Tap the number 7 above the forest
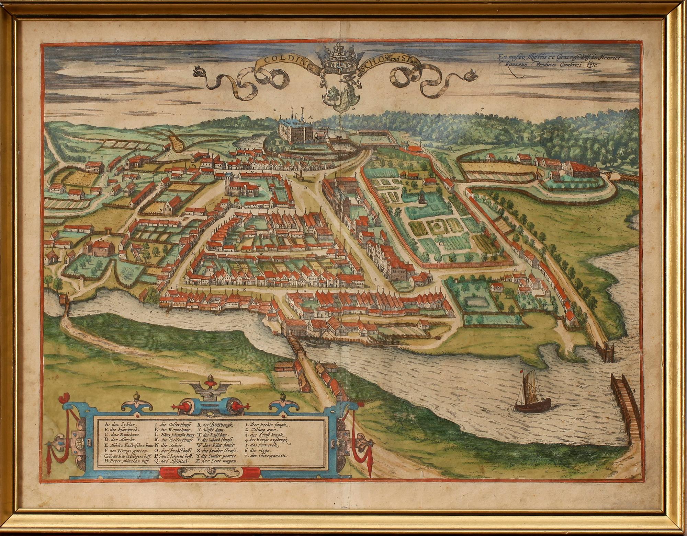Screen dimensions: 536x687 (x=482, y=109)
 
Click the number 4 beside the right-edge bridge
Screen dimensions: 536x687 (x=634, y=391)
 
